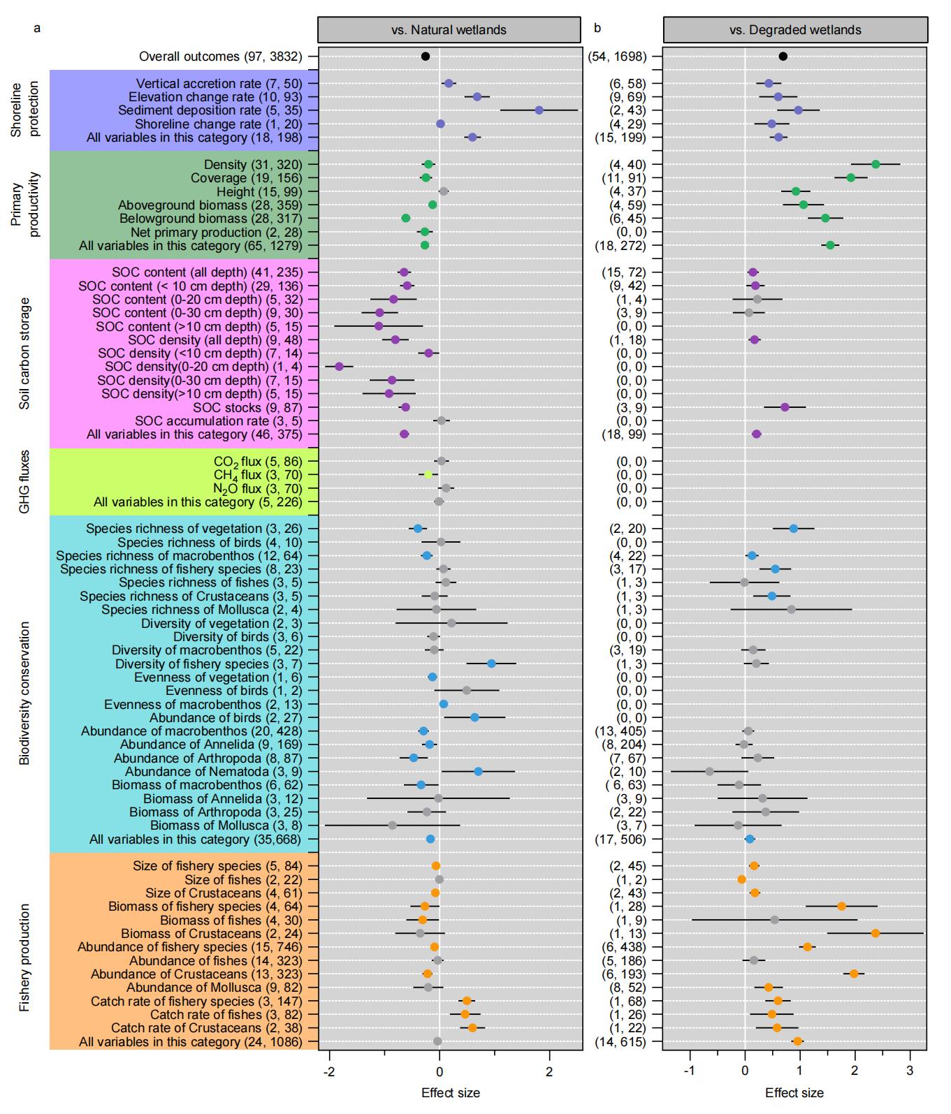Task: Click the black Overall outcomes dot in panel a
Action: pyautogui.click(x=425, y=57)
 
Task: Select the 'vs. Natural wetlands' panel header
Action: pyautogui.click(x=449, y=30)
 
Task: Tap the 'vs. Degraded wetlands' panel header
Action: pyautogui.click(x=795, y=30)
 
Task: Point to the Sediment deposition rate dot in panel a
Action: pyautogui.click(x=539, y=110)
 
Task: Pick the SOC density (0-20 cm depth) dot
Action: pyautogui.click(x=340, y=367)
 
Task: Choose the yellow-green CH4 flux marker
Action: pyautogui.click(x=428, y=475)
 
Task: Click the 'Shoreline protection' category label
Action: pyautogui.click(x=22, y=110)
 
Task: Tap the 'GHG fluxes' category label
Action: pyautogui.click(x=24, y=482)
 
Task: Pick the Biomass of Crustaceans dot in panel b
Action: pyautogui.click(x=876, y=933)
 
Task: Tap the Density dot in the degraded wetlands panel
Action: pyautogui.click(x=876, y=164)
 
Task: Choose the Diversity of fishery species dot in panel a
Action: pyautogui.click(x=491, y=664)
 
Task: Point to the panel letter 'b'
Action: pyautogui.click(x=597, y=29)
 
